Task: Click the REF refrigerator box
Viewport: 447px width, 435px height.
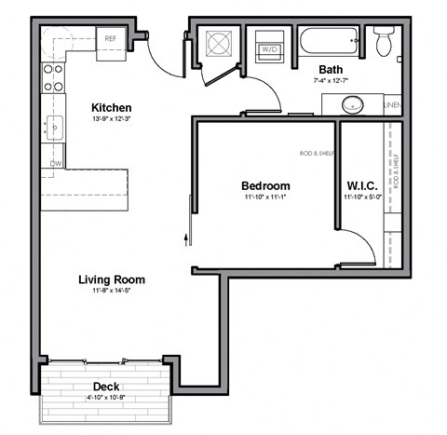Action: [111, 40]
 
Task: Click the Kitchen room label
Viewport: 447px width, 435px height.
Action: [111, 107]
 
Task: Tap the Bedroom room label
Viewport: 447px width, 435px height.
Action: [265, 185]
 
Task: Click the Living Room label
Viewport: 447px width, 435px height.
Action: [111, 279]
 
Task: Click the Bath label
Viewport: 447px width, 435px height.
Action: [331, 70]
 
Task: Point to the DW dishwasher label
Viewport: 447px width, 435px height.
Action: [56, 165]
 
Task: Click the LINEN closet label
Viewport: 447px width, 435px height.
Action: [393, 105]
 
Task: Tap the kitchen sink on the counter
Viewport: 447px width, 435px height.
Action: [53, 128]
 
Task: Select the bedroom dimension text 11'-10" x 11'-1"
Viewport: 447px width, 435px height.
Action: [265, 197]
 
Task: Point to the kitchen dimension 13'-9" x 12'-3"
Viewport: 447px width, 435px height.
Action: [111, 119]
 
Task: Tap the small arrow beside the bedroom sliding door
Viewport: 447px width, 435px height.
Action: [186, 237]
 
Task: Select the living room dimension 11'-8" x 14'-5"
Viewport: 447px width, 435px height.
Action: [111, 292]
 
